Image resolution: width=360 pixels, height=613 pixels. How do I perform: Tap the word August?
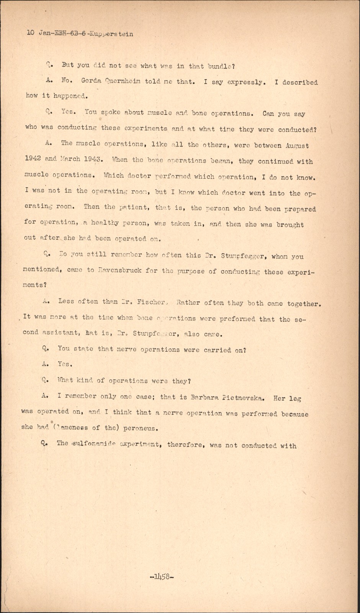(297, 146)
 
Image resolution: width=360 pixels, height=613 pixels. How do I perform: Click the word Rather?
(187, 302)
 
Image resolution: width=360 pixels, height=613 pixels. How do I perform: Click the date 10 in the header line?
(31, 33)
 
